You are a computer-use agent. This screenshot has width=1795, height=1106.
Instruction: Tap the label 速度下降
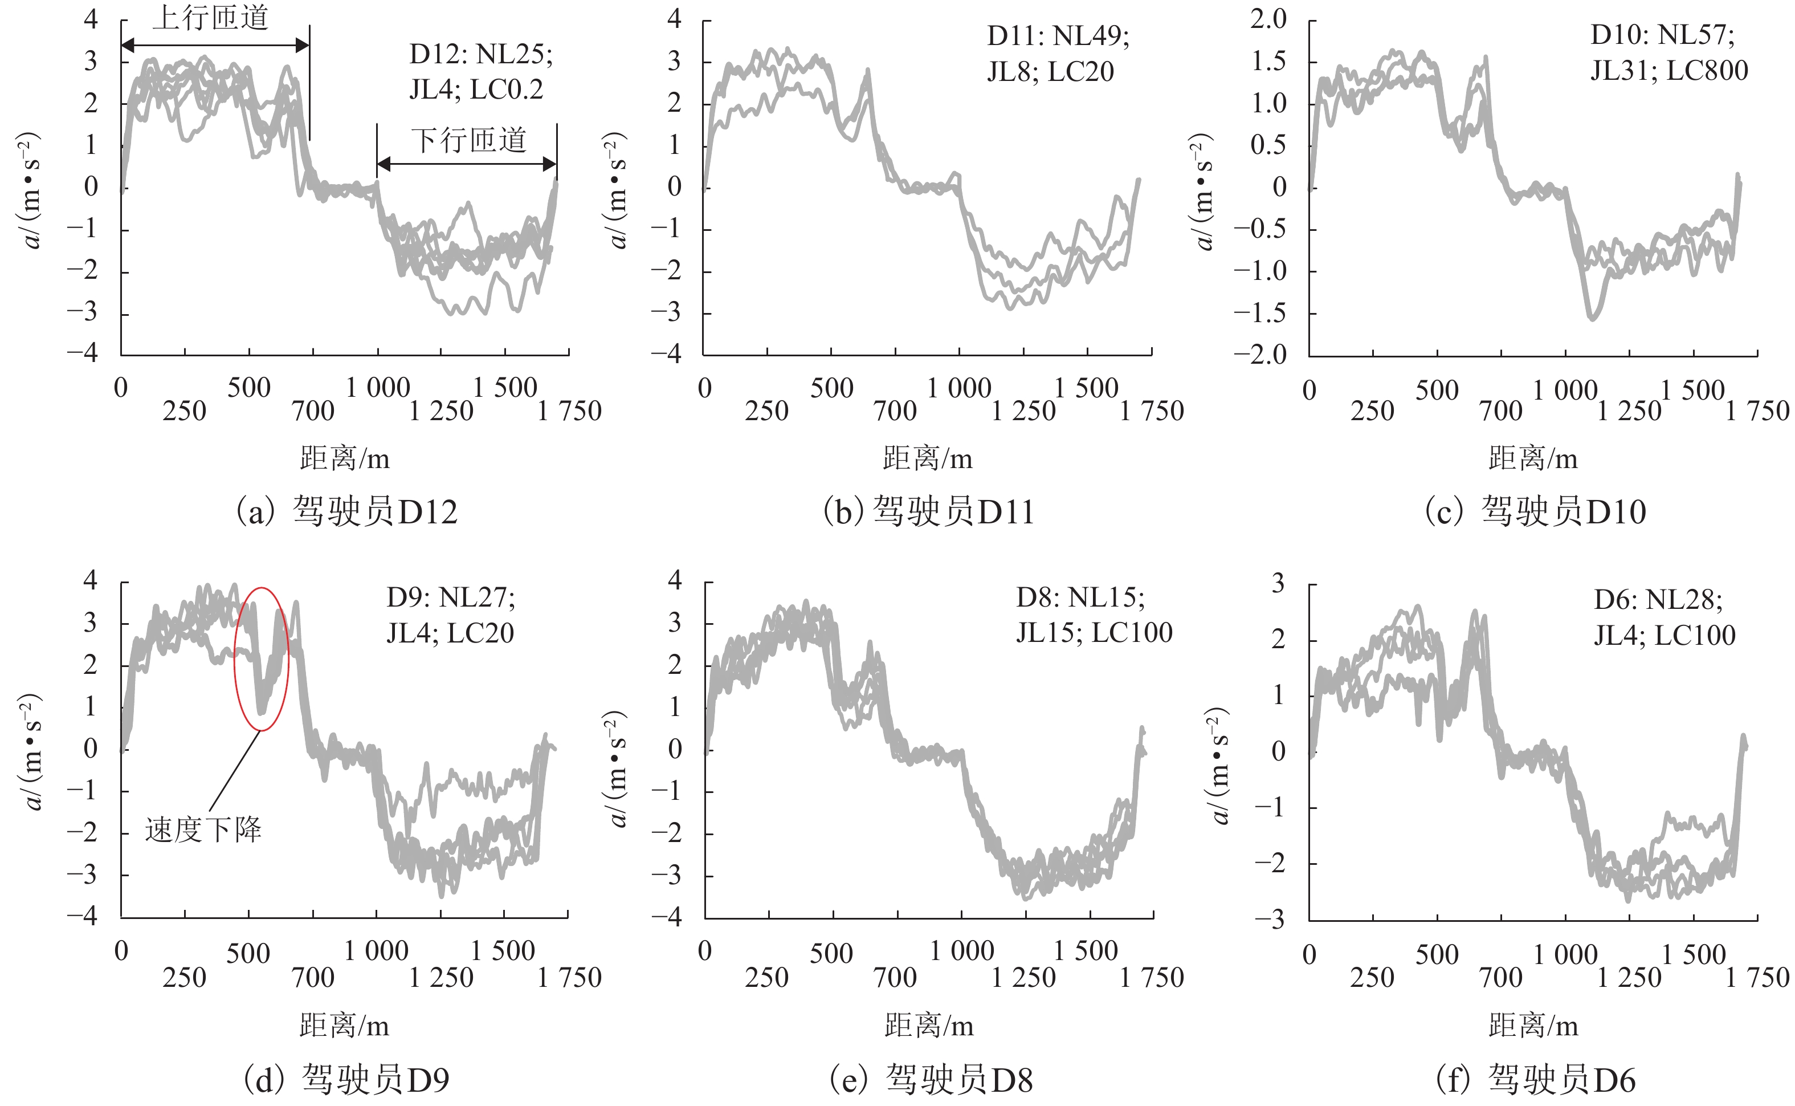click(203, 829)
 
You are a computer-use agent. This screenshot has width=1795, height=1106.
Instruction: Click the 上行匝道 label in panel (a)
click(211, 18)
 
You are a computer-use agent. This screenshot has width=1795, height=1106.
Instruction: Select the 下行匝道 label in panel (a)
click(468, 140)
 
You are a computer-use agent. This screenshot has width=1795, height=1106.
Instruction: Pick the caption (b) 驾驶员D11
click(929, 511)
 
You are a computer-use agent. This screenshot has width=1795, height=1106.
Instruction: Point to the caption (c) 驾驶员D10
click(1536, 511)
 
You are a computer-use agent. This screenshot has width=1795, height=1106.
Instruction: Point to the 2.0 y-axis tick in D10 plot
click(1268, 19)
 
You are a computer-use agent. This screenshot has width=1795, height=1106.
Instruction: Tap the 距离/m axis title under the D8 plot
click(929, 1026)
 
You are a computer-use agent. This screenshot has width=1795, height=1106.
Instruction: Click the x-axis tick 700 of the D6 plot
click(1501, 977)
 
